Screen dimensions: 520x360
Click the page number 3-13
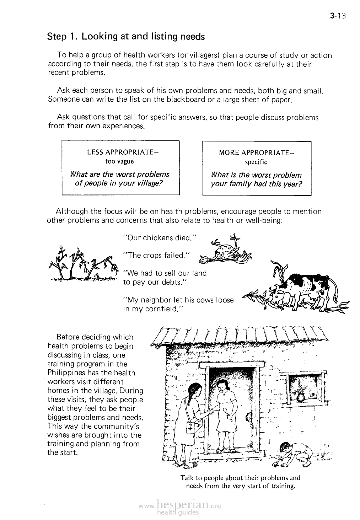338,16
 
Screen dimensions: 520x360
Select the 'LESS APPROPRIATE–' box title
122,153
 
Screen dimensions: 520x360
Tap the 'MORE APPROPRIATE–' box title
257,153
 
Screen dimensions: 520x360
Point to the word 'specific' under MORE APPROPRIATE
256,162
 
